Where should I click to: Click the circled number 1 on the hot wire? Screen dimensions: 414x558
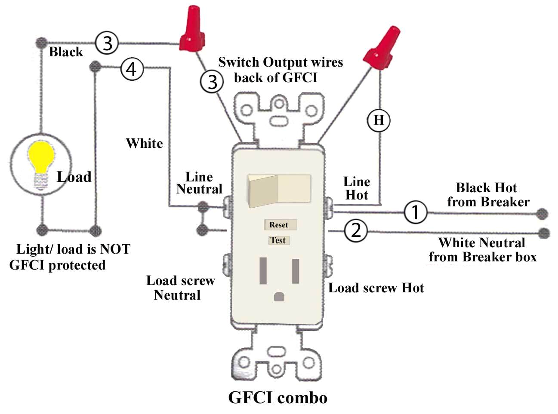click(415, 212)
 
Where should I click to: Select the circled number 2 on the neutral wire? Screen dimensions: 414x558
click(356, 231)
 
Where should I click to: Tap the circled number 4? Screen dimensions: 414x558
click(132, 69)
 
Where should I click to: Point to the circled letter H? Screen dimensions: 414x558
click(379, 120)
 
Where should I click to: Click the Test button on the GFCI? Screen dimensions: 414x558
click(278, 240)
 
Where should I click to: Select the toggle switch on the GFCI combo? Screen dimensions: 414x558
click(279, 189)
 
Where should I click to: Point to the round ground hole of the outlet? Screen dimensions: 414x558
click(279, 297)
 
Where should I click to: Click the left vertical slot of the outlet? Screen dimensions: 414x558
click(263, 271)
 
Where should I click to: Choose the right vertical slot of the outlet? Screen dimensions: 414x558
click(296, 271)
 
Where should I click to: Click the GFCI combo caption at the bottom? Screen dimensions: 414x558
click(277, 398)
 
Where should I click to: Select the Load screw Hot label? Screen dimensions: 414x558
click(376, 288)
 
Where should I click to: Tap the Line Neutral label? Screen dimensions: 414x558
click(199, 183)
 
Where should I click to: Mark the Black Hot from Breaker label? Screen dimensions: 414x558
click(488, 195)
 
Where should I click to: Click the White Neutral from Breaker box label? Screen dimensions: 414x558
click(482, 250)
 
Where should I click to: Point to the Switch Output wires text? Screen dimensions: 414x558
click(280, 70)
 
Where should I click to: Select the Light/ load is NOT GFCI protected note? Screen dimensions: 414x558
click(70, 257)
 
